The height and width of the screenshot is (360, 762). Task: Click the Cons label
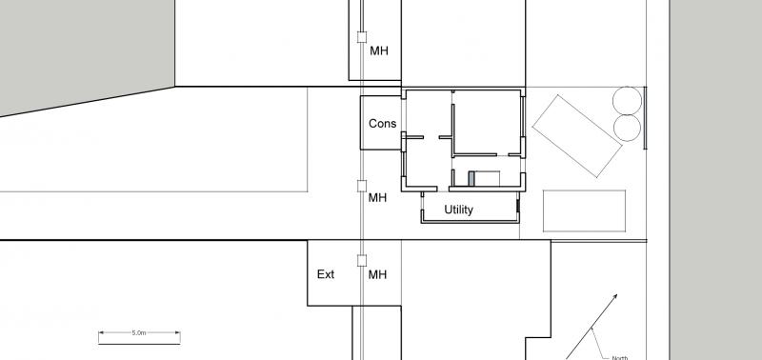[x=382, y=124]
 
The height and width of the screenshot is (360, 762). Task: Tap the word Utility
[x=458, y=210]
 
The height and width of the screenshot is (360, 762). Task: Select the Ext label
[x=326, y=275]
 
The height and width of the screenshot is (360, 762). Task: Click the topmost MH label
[x=379, y=50]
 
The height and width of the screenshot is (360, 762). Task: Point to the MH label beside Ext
[x=378, y=275]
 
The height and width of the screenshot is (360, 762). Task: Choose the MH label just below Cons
[x=378, y=198]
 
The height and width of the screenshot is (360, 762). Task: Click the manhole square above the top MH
[x=361, y=37]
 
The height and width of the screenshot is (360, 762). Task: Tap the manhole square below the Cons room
[x=361, y=186]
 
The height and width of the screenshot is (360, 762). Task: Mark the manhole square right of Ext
[x=361, y=260]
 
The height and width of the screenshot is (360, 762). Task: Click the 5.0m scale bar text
[x=139, y=334]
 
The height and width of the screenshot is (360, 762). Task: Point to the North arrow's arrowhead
[x=615, y=296]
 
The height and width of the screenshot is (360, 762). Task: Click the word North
[x=619, y=357]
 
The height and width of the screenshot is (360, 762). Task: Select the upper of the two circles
[x=627, y=99]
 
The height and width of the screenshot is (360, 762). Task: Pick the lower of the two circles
[x=627, y=128]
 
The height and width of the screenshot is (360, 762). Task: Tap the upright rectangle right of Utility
[x=585, y=210]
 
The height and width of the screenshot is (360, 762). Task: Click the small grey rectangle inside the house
[x=471, y=178]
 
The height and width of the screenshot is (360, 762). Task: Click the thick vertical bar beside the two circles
[x=646, y=118]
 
